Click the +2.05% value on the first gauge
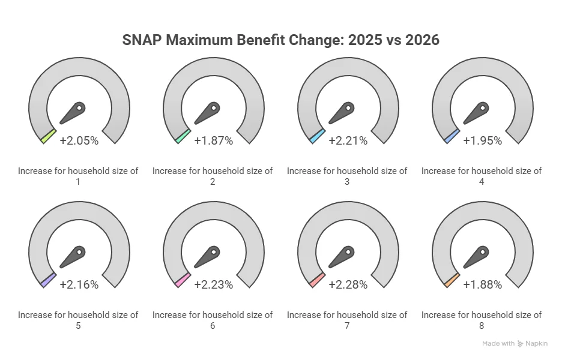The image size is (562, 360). [x=79, y=140]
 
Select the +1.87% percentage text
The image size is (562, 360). [x=213, y=140]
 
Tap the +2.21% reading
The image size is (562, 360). [x=348, y=140]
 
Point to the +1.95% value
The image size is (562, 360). [x=482, y=140]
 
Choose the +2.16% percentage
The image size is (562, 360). [x=79, y=284]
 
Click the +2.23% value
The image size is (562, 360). [x=213, y=284]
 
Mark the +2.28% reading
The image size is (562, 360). [x=348, y=284]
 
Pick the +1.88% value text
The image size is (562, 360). [x=482, y=284]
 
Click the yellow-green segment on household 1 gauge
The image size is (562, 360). [x=48, y=136]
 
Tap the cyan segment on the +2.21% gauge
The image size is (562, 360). [x=317, y=136]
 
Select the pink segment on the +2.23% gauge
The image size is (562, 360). [x=183, y=280]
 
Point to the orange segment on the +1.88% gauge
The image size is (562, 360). [x=452, y=280]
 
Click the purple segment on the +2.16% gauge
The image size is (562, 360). [x=48, y=280]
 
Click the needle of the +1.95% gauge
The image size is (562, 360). [x=476, y=112]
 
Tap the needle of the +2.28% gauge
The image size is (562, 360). [x=342, y=256]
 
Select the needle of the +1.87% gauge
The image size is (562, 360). [x=207, y=112]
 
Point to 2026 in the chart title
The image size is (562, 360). [x=420, y=40]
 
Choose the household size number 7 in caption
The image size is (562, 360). [x=347, y=326]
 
